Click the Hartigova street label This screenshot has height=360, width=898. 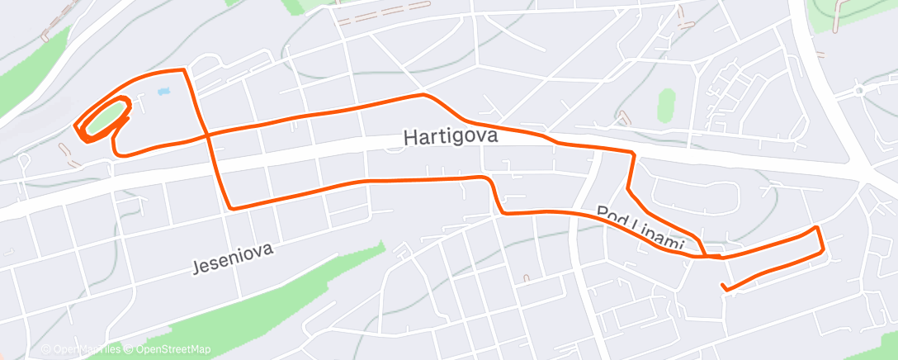click(451, 136)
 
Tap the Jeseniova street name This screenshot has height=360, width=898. click(232, 257)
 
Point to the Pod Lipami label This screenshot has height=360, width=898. click(641, 228)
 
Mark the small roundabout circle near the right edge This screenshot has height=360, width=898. click(860, 90)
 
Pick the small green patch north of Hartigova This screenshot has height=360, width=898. click(665, 105)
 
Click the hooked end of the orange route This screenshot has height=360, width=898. click(723, 287)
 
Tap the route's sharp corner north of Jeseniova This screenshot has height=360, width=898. click(230, 207)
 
